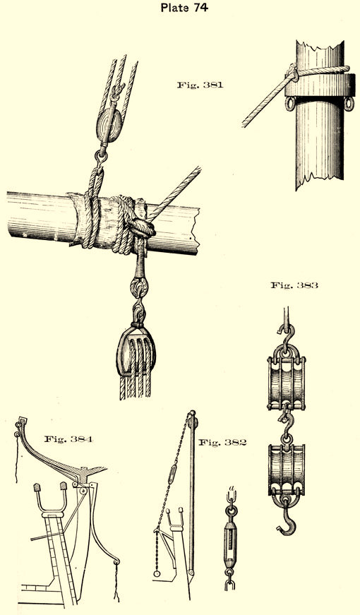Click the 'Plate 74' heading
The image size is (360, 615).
click(184, 7)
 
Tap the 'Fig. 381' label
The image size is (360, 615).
click(200, 85)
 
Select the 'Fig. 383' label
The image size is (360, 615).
click(294, 285)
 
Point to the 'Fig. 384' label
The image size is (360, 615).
click(68, 439)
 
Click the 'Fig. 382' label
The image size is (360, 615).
click(223, 443)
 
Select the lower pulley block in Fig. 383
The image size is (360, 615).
click(287, 470)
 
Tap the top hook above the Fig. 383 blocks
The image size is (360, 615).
click(287, 334)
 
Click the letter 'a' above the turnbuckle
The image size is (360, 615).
click(232, 489)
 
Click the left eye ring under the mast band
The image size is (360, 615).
click(290, 104)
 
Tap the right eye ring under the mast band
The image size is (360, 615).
click(349, 104)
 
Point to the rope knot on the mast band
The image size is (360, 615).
click(292, 73)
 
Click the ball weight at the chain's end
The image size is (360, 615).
click(157, 573)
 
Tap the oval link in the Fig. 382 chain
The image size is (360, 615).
click(172, 474)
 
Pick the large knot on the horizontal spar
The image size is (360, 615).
click(141, 229)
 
